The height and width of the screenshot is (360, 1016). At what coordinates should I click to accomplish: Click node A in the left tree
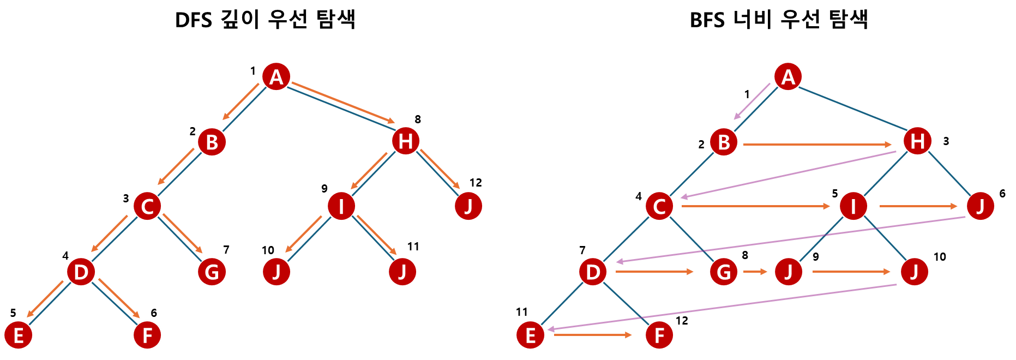(276, 76)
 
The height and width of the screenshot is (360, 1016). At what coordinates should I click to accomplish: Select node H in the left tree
(405, 141)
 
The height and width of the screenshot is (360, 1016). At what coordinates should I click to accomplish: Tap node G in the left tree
(212, 272)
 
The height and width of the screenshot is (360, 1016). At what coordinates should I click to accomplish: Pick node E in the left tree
(18, 335)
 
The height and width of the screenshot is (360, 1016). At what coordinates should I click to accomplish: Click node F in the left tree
(147, 335)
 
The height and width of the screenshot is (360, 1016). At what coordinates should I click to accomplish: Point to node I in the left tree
(341, 206)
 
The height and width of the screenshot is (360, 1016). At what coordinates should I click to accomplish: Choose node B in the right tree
(724, 142)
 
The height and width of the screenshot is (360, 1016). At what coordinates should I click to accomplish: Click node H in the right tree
(917, 141)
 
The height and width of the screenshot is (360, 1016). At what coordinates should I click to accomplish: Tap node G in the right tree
(724, 272)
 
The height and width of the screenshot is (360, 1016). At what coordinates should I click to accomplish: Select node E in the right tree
(530, 335)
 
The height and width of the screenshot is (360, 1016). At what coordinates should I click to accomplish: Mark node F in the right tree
(659, 335)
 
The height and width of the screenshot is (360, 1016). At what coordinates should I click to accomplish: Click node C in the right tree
(659, 206)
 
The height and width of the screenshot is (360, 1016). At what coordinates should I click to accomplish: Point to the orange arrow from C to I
(755, 206)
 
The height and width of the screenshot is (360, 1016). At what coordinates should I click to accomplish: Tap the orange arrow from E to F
(593, 335)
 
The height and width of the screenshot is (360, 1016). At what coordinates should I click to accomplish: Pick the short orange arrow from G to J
(755, 271)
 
